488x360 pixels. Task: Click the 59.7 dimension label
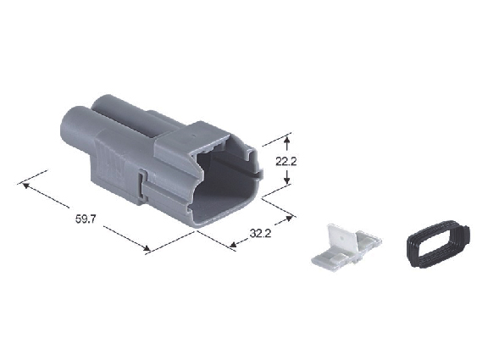(x=86, y=219)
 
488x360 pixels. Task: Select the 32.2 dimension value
(x=260, y=233)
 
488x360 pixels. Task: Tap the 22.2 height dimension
(x=286, y=162)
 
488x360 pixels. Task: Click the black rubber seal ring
(x=439, y=244)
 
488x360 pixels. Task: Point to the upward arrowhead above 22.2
(x=287, y=140)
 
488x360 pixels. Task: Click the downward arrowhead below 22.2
(x=287, y=180)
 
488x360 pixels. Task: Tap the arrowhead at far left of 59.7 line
(x=25, y=186)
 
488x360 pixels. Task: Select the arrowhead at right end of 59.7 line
(x=147, y=248)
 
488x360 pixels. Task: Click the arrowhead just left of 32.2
(x=232, y=245)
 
